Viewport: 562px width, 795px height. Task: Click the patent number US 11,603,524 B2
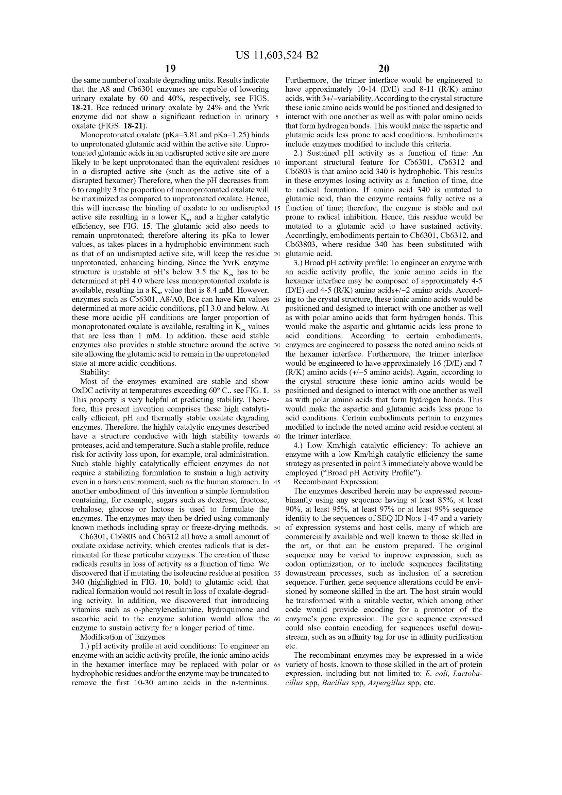click(277, 55)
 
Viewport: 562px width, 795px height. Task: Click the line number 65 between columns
click(277, 665)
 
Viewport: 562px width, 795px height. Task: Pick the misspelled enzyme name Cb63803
click(301, 244)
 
